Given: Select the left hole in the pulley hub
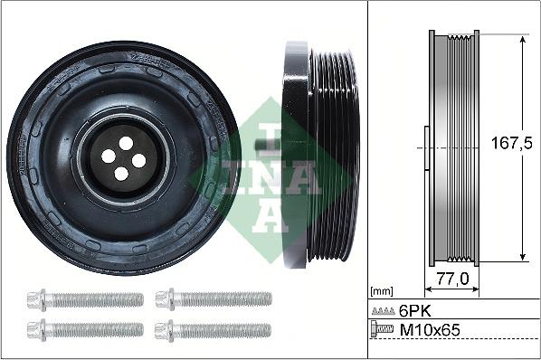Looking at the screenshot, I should click(x=108, y=156).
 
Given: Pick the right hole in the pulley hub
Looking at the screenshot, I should click(x=139, y=160).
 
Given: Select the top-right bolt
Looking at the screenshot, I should click(x=214, y=298).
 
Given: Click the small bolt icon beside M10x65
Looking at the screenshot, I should click(x=384, y=331).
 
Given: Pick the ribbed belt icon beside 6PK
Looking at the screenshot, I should click(x=384, y=310).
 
